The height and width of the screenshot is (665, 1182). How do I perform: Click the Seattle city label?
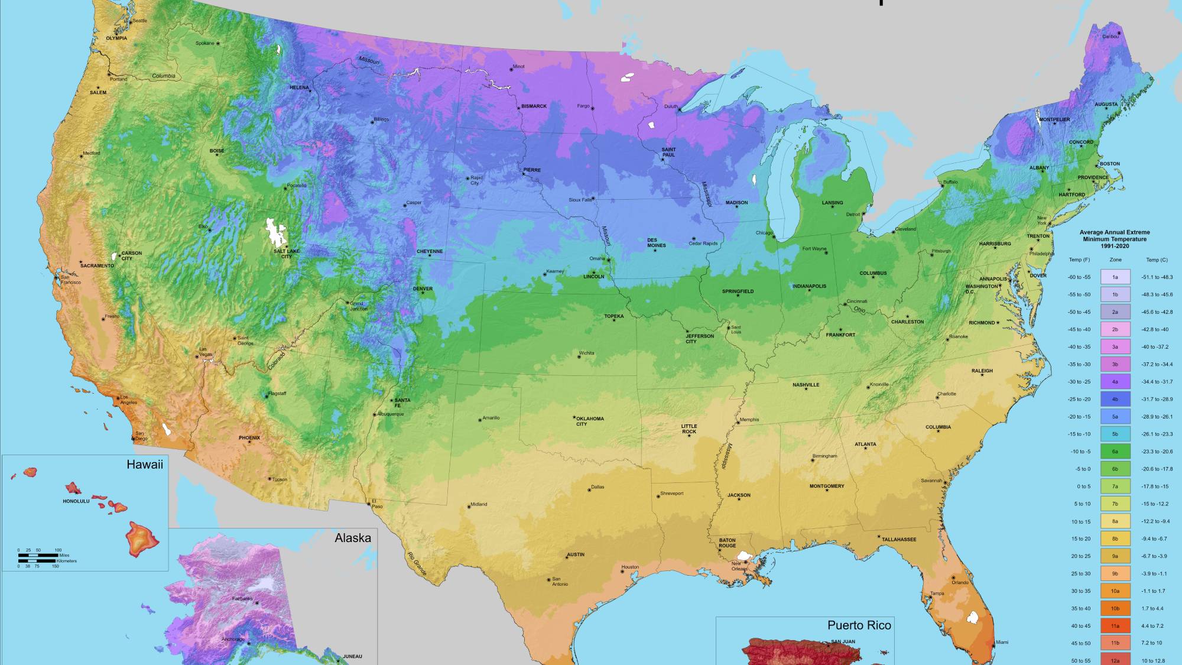(139, 21)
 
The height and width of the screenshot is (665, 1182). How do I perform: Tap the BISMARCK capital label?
(534, 106)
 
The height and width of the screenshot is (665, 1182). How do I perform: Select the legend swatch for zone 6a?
(1115, 452)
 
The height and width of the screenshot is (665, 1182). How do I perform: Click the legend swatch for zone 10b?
(1115, 608)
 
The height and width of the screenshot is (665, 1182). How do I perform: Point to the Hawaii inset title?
(144, 465)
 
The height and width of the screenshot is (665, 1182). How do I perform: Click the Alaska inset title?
(353, 538)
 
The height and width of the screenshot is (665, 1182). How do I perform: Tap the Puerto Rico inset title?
(859, 625)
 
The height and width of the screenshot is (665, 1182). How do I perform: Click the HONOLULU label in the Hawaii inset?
(76, 501)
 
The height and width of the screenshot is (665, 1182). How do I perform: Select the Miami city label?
(1002, 642)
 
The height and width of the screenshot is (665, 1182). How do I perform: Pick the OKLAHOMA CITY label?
(590, 421)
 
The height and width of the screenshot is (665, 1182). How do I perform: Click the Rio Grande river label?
(417, 563)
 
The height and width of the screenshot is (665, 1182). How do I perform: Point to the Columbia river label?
(164, 76)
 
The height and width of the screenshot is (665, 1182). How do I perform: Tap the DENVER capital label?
(423, 289)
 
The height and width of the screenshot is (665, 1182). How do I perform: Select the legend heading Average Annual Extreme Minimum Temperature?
(1114, 239)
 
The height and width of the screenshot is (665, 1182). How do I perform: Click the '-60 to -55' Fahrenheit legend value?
(1079, 277)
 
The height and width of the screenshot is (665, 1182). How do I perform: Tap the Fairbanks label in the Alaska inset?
(242, 599)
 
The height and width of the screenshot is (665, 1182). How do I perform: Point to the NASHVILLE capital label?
(806, 385)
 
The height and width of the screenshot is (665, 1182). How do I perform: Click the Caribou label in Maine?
(1110, 37)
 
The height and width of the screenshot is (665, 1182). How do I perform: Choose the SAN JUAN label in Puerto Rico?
(843, 641)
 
